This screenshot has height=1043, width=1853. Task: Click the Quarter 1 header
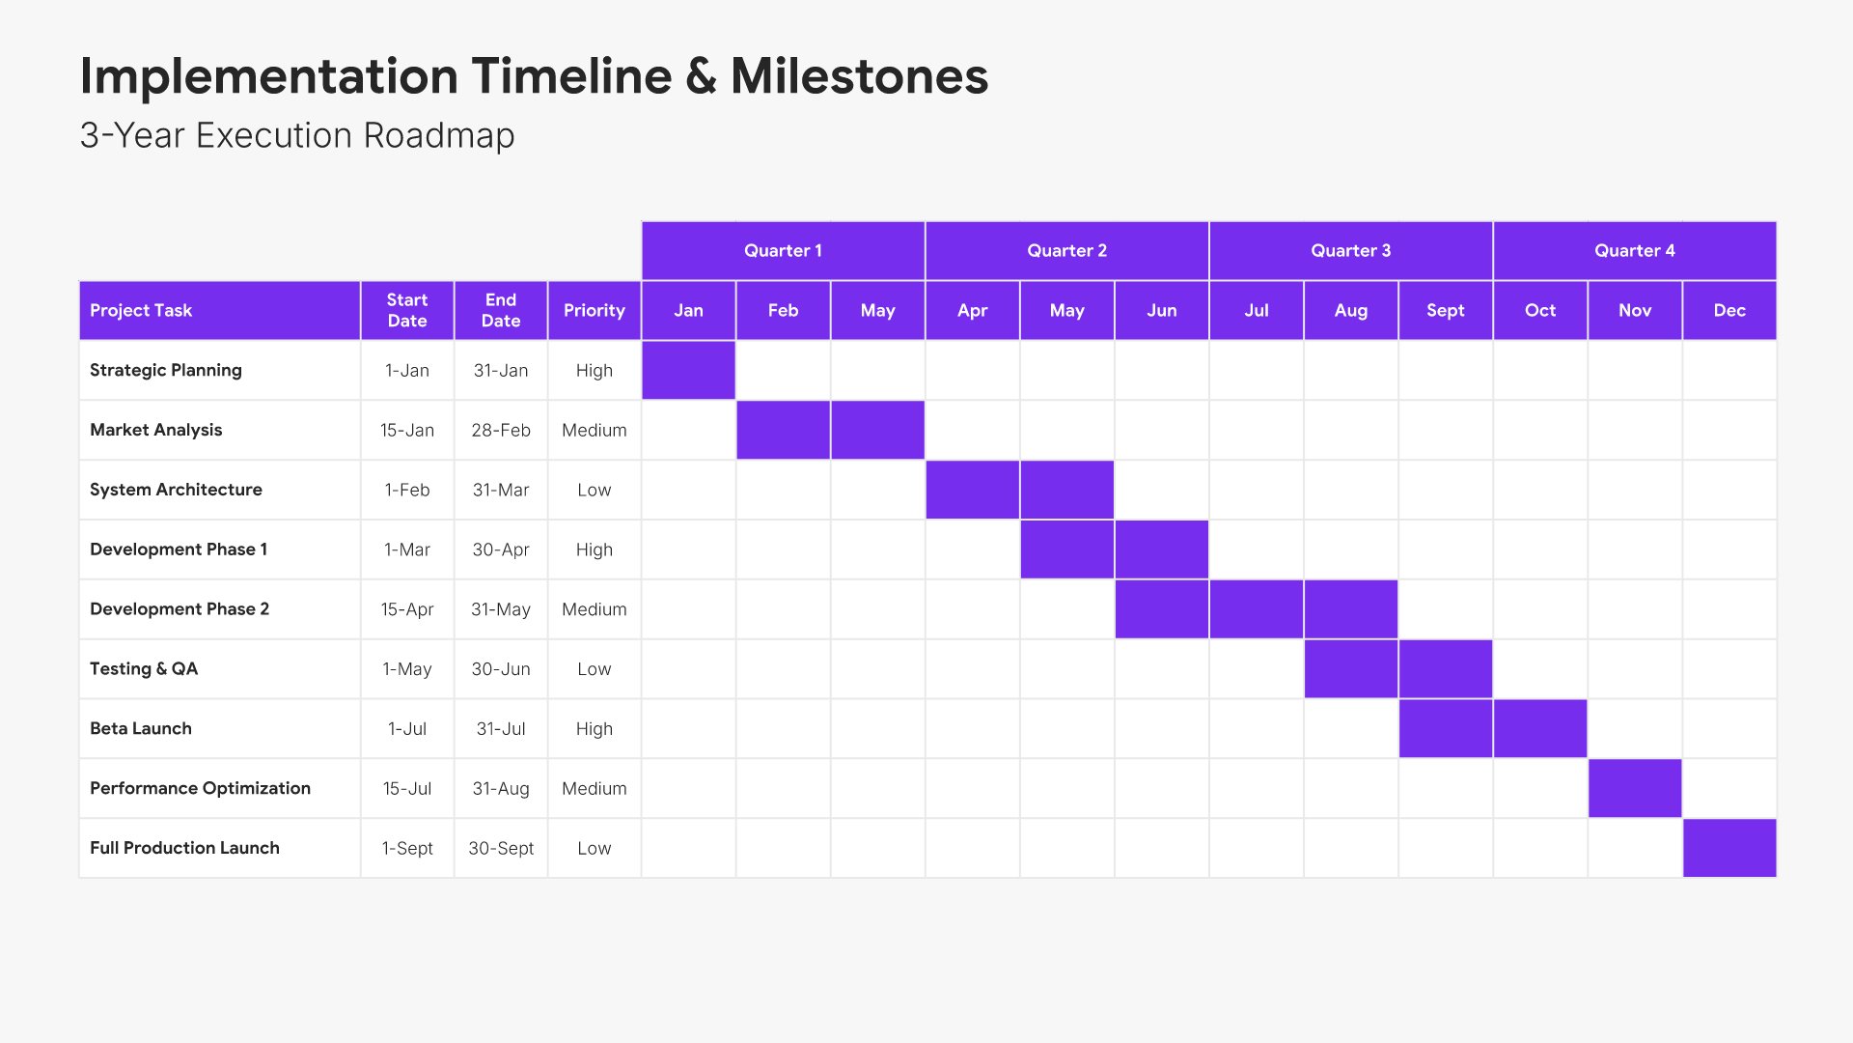783,251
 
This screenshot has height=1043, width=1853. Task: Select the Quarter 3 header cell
1350,251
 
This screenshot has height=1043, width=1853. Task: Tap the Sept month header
1445,311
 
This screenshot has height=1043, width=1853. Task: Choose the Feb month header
783,311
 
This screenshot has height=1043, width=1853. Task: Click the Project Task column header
220,311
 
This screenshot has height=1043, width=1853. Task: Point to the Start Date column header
407,311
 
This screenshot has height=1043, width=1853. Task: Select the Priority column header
595,311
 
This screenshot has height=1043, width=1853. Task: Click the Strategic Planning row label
166,371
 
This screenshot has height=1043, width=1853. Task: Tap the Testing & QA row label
144,669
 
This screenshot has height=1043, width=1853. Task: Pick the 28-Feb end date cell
501,431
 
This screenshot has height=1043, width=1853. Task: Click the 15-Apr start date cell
407,609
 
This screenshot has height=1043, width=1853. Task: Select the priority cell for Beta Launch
595,729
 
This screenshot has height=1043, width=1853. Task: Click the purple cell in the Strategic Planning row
688,371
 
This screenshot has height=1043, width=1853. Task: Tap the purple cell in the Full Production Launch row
1729,848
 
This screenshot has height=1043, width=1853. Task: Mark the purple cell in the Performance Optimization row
1635,788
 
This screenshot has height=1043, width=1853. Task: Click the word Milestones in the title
860,76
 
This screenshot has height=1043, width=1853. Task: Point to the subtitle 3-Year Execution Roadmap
297,136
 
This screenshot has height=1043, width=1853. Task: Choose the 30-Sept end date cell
501,848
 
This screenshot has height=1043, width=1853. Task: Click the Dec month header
1729,311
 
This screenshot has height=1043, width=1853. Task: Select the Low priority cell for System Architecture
595,491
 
